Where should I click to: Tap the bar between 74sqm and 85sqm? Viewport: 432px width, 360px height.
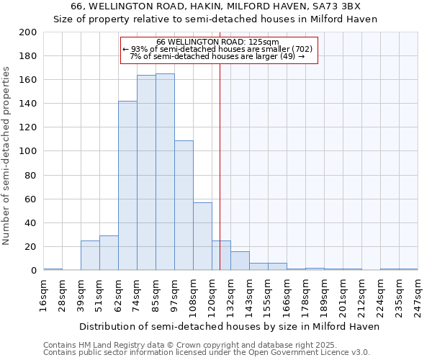[146, 172]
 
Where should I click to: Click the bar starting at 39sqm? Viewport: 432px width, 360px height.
[90, 255]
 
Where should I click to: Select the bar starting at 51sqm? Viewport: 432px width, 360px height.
[109, 253]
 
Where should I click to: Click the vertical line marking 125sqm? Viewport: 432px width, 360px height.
[220, 180]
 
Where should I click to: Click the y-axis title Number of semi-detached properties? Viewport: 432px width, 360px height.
[6, 156]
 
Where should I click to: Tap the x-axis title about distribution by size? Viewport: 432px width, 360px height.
[229, 326]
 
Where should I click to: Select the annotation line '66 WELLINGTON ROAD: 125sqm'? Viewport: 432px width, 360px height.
[218, 42]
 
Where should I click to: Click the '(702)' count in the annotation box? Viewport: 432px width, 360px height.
[300, 49]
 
